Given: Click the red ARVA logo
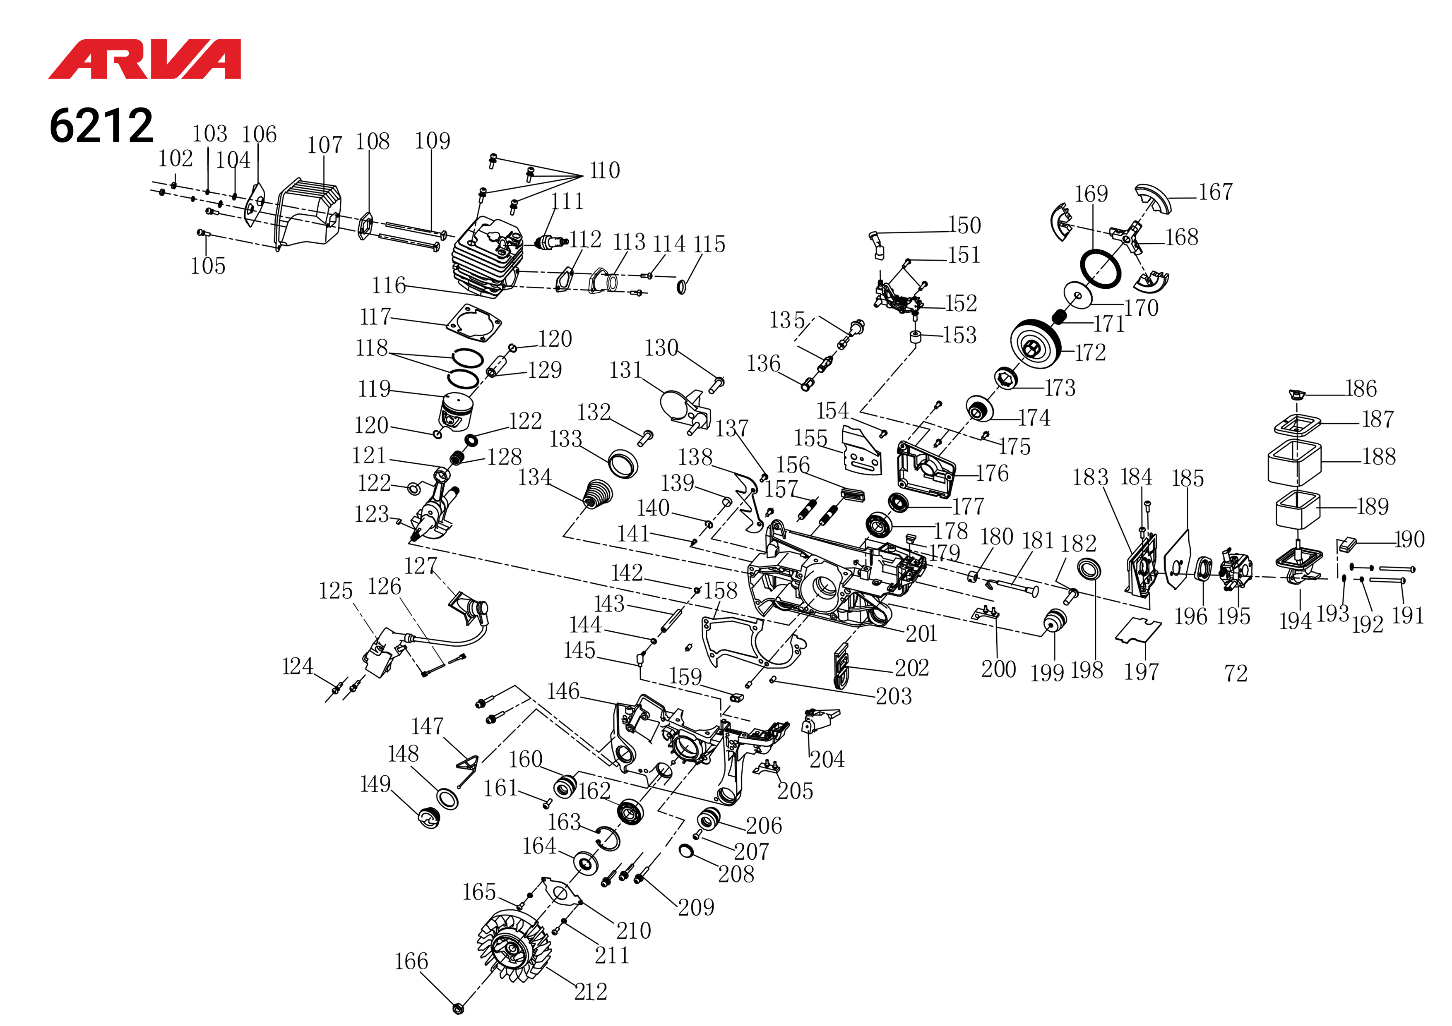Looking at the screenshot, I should coord(144,60).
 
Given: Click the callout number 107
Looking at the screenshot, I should coord(325,145).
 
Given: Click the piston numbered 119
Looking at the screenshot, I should coord(456,411).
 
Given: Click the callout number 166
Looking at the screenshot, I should coord(411,961).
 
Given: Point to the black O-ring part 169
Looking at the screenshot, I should coord(1101,268).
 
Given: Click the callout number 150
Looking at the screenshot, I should coord(964,225).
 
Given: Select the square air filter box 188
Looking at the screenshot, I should coord(1295,463).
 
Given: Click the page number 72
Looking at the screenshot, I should coord(1236,674).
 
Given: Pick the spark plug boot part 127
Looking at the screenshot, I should coord(471,608).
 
